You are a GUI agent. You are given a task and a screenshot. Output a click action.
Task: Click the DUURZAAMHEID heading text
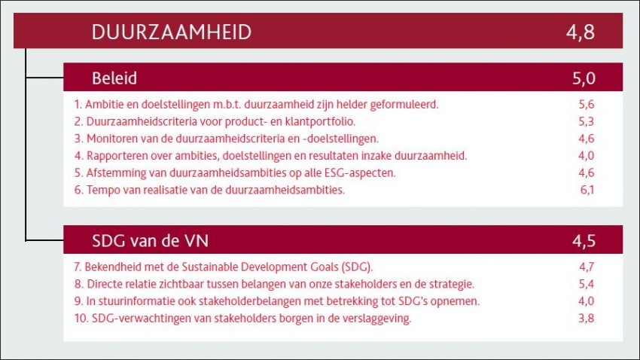[x=172, y=32]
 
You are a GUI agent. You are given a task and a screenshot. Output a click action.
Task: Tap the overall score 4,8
[x=581, y=32]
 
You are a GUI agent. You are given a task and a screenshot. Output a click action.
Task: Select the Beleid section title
[x=114, y=78]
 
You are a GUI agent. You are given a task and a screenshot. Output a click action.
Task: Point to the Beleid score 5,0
[x=584, y=78]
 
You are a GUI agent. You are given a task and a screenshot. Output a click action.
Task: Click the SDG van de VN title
[x=150, y=241]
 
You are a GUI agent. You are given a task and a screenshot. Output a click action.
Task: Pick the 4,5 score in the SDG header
[x=584, y=241]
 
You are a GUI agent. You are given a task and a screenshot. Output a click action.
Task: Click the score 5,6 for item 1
[x=587, y=105]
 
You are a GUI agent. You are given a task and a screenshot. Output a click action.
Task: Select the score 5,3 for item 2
[x=587, y=122]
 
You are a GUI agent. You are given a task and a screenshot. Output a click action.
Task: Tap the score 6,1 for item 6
[x=587, y=190]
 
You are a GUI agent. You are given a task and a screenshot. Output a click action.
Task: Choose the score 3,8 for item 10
[x=587, y=318]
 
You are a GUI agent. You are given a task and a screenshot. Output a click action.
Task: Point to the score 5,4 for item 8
[x=587, y=284]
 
